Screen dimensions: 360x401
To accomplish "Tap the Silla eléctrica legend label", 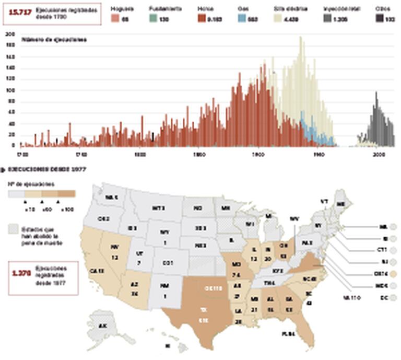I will (x=290, y=9).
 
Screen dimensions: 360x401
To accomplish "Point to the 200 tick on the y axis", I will (x=9, y=34).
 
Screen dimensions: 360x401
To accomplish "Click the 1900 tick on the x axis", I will (x=258, y=155).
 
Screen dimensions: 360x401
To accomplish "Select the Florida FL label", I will (x=287, y=333).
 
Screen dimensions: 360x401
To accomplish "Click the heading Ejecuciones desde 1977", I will (x=48, y=170).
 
